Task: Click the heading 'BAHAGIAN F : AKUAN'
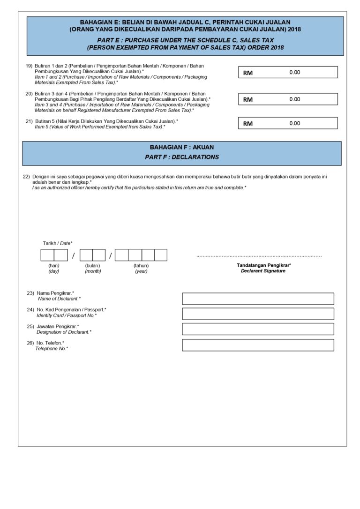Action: [x=182, y=147]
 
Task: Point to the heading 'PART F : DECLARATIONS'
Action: [x=182, y=157]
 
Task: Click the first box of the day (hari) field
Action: [x=47, y=255]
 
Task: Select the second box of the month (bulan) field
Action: [x=99, y=255]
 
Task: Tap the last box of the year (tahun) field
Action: [x=161, y=255]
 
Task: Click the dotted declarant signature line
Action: [x=259, y=256]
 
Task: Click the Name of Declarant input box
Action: [x=258, y=299]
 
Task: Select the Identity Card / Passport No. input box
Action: [x=258, y=314]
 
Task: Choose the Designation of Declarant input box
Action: [x=258, y=329]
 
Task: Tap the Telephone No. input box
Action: [x=258, y=345]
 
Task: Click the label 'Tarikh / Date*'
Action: [x=57, y=243]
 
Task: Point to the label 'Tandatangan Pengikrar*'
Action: [x=263, y=265]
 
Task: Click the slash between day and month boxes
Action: [x=74, y=255]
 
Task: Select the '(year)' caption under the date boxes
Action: [x=141, y=271]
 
